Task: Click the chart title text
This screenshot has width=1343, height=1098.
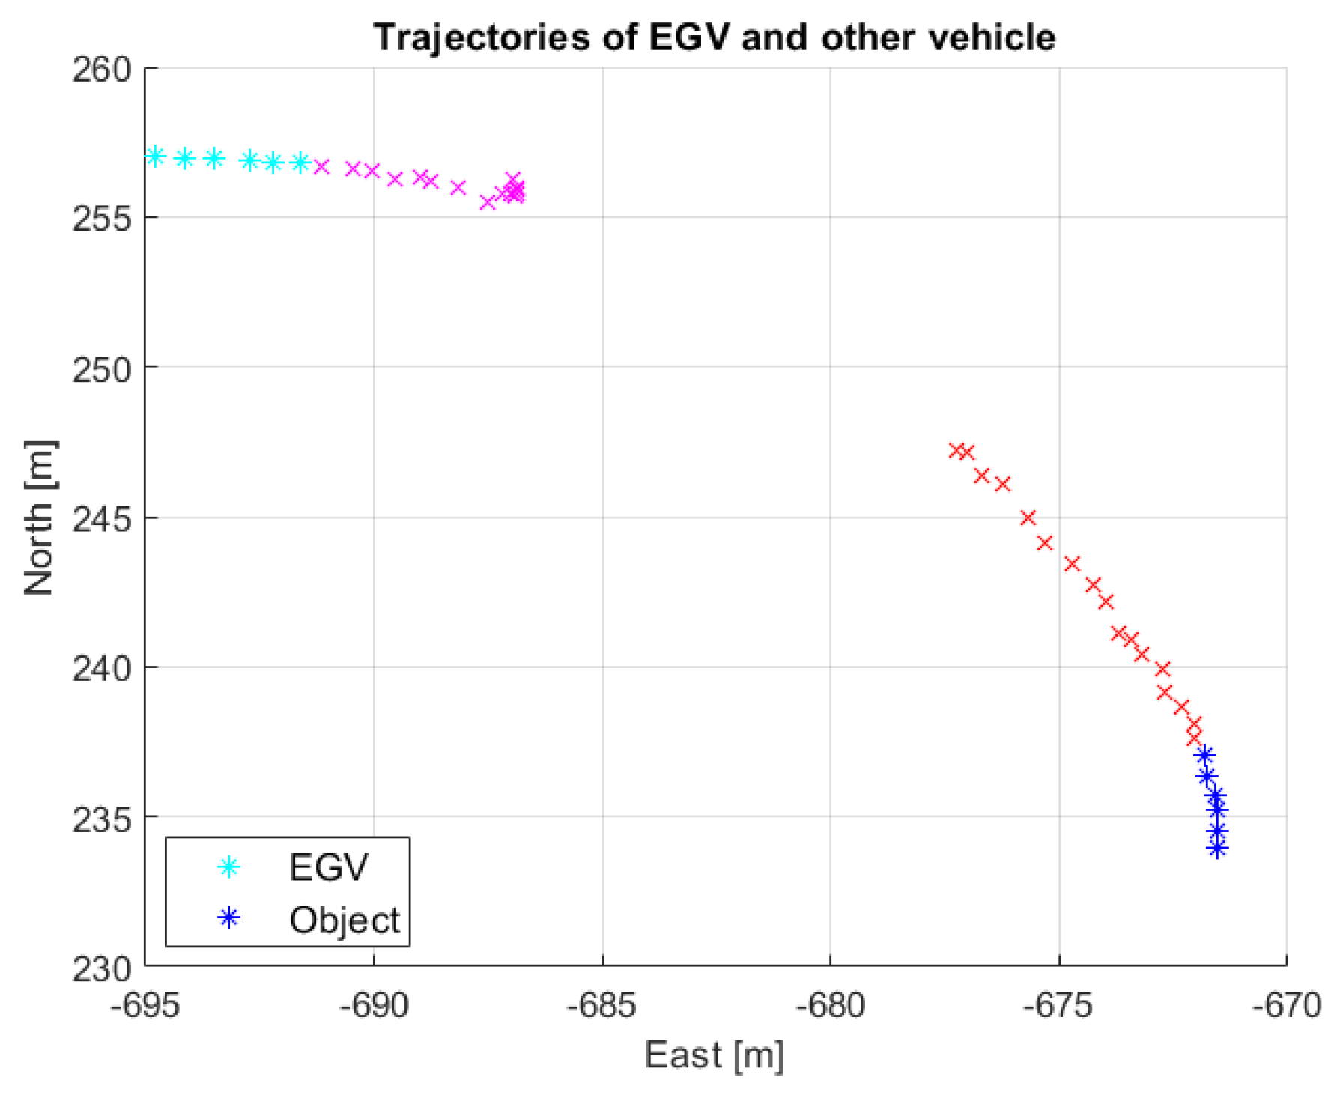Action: point(714,37)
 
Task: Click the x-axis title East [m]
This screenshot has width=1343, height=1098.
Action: point(714,1055)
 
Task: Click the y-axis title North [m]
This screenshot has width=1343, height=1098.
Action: point(39,518)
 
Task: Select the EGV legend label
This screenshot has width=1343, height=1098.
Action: point(328,867)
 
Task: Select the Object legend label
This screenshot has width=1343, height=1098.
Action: point(345,920)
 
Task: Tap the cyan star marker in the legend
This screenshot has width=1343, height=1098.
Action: point(228,867)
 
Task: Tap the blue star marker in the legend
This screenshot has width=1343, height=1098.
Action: point(228,918)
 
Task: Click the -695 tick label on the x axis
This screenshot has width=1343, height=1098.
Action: point(145,1005)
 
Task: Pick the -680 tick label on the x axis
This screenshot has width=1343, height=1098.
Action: point(830,1005)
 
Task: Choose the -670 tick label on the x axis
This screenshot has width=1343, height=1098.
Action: point(1286,1005)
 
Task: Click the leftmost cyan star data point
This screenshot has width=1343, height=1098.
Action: point(155,156)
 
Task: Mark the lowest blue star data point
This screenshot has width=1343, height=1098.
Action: point(1217,849)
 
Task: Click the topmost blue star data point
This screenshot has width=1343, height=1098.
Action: point(1204,755)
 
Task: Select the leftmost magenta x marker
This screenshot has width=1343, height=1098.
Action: point(321,166)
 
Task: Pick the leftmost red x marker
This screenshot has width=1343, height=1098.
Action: point(956,450)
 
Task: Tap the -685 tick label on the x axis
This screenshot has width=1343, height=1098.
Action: point(601,1005)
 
